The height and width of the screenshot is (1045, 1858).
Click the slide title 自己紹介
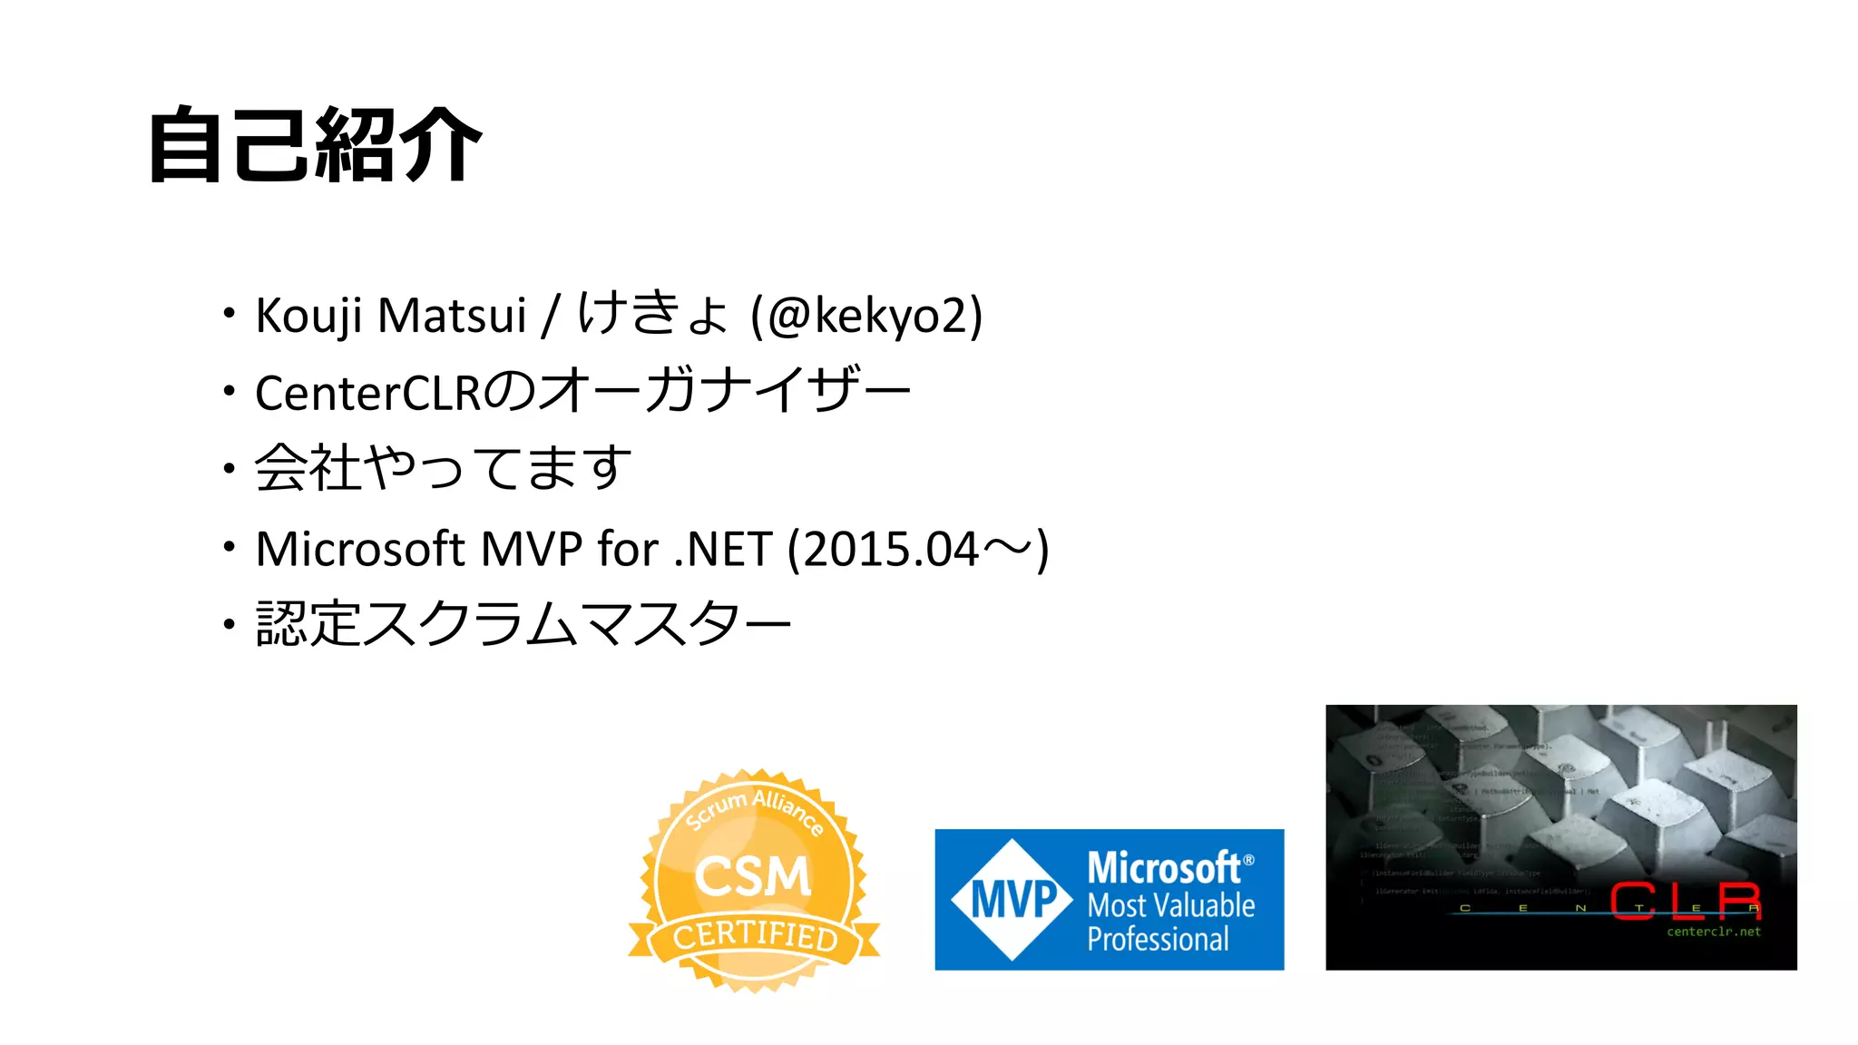coord(314,145)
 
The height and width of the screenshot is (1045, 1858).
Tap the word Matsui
coord(451,316)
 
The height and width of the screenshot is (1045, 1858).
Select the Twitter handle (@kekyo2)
coord(866,316)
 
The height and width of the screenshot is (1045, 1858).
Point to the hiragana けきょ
coord(653,314)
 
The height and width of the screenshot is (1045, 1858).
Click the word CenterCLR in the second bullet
coord(367,393)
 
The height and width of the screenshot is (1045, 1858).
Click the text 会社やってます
coord(443,468)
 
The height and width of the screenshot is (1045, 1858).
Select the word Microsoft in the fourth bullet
coord(360,549)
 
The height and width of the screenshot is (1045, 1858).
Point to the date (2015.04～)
coord(918,549)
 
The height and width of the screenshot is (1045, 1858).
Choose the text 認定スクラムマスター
coord(523,624)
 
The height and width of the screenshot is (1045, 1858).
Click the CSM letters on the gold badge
coord(752,876)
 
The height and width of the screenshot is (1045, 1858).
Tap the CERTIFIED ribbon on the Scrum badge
coord(755,935)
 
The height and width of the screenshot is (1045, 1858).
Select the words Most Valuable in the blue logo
coord(1171,905)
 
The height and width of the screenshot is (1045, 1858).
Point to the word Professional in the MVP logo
coord(1158,940)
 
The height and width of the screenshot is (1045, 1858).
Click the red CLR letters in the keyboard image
coord(1686,900)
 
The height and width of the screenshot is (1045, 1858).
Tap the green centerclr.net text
coord(1713,932)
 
